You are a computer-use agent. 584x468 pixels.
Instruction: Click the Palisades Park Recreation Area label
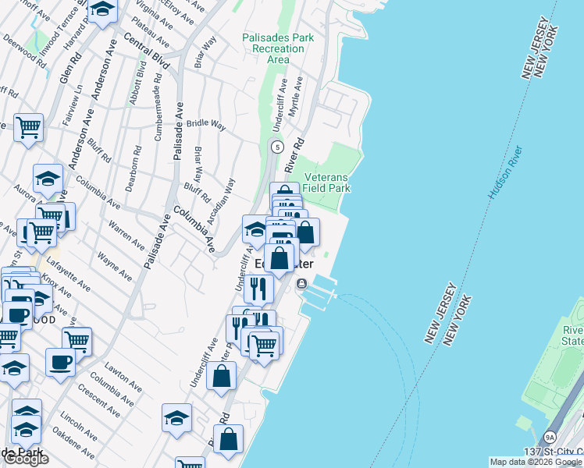coord(273,48)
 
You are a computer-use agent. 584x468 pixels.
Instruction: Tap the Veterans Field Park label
coord(326,183)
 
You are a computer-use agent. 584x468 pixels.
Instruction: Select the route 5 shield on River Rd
coord(276,146)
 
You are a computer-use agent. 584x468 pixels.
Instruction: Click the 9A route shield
coord(550,438)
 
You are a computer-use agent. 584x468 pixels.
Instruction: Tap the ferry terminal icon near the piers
coord(301,282)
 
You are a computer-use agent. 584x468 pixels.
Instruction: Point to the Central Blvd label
coord(146,51)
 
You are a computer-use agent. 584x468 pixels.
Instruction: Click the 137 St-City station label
coord(554,453)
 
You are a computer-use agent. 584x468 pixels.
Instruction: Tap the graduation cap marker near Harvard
coord(102,11)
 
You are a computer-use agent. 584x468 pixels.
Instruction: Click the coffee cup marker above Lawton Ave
coord(60,361)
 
